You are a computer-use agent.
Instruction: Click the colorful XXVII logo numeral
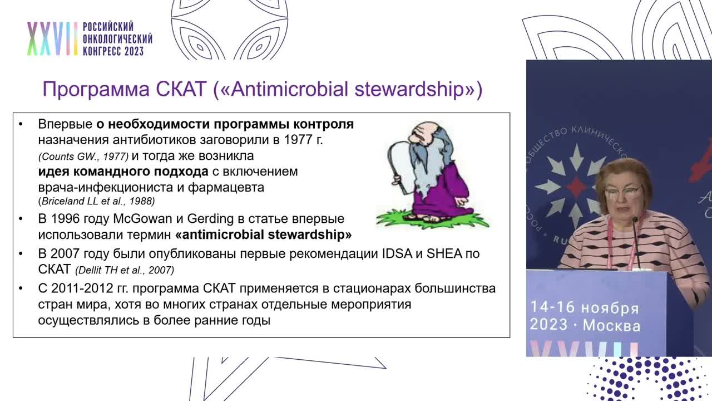pyautogui.click(x=52, y=39)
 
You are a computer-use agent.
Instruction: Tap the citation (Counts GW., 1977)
pyautogui.click(x=83, y=157)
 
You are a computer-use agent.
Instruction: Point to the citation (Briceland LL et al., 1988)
pyautogui.click(x=96, y=201)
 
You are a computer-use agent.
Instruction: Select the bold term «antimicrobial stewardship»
pyautogui.click(x=263, y=234)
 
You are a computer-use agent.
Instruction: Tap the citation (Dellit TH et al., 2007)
pyautogui.click(x=125, y=270)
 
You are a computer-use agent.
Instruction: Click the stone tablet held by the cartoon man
pyautogui.click(x=398, y=162)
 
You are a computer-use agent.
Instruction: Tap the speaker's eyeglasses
pyautogui.click(x=622, y=193)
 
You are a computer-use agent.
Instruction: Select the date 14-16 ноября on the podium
pyautogui.click(x=584, y=307)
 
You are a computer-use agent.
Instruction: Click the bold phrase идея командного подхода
pyautogui.click(x=123, y=172)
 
